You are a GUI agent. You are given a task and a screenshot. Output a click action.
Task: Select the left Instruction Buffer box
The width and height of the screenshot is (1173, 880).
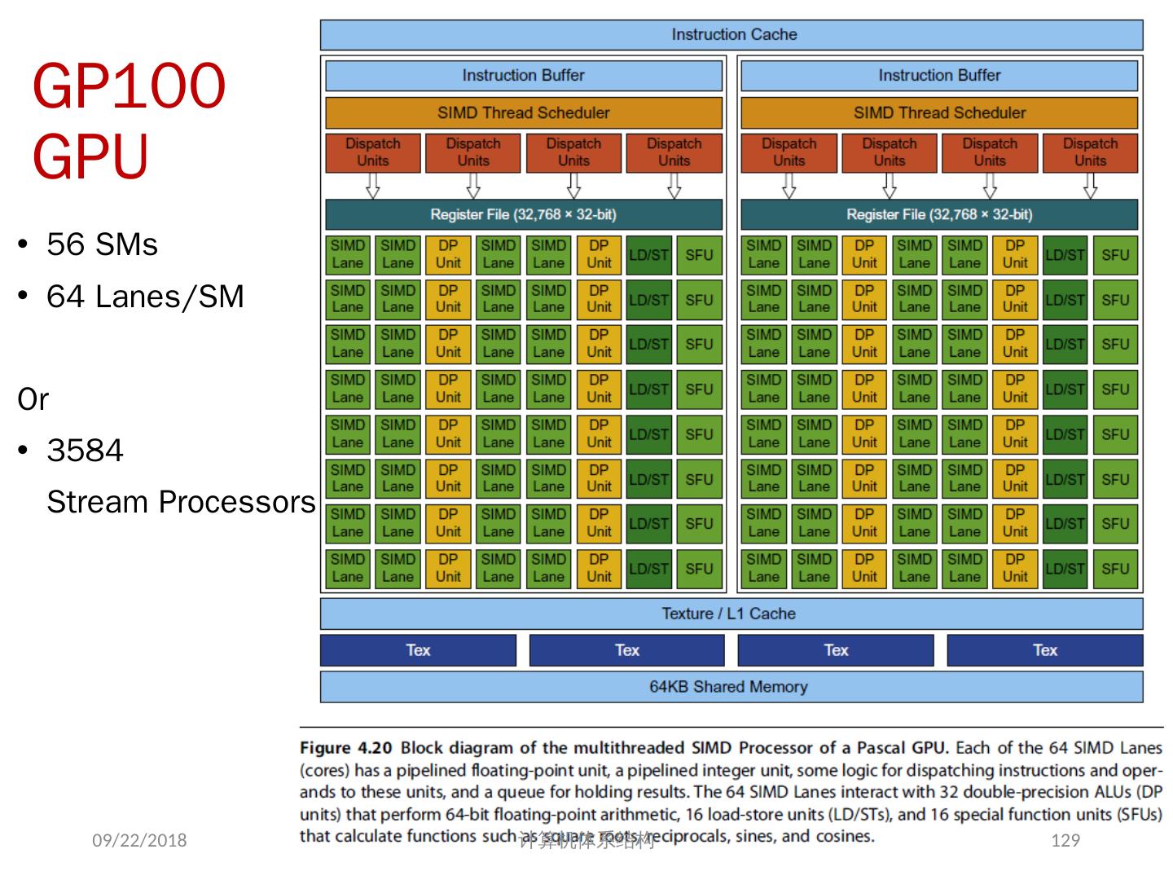pos(523,76)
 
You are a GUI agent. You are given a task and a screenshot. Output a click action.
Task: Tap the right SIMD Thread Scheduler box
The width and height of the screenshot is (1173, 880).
pos(938,113)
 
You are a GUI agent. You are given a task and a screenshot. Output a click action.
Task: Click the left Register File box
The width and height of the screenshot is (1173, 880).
pos(523,215)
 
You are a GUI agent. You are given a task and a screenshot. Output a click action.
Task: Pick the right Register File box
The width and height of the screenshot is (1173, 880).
pos(938,215)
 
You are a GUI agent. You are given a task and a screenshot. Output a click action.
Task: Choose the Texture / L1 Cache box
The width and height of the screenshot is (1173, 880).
pos(731,614)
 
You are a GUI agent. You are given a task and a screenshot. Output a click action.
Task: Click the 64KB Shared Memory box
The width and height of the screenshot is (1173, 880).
pos(731,687)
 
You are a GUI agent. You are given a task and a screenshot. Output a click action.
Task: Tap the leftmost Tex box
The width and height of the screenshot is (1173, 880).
pos(418,650)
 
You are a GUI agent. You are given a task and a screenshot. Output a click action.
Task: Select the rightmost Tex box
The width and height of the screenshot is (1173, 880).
pos(1044,650)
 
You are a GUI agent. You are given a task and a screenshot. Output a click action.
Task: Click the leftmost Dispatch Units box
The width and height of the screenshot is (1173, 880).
pos(373,152)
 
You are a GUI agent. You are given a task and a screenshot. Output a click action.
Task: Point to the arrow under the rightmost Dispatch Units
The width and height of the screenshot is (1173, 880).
pos(1090,187)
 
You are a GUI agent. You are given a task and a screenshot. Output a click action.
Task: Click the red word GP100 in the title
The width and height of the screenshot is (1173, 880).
pos(129,86)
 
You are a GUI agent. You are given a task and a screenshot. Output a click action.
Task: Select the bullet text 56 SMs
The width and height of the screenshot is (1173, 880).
pos(102,244)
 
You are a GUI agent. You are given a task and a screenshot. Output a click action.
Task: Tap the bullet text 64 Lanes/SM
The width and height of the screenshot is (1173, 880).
pos(145,297)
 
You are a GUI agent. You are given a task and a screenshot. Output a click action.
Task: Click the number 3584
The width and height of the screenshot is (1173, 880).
pos(85,451)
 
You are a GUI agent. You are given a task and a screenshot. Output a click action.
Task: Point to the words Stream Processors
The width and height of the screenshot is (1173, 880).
pos(180,502)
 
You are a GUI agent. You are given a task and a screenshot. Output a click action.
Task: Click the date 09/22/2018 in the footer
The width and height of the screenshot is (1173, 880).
pos(139,840)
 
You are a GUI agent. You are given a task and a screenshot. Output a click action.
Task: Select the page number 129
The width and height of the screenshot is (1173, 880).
pos(1065,840)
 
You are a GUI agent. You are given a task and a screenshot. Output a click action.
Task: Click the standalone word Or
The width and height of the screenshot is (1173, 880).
pos(33,399)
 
